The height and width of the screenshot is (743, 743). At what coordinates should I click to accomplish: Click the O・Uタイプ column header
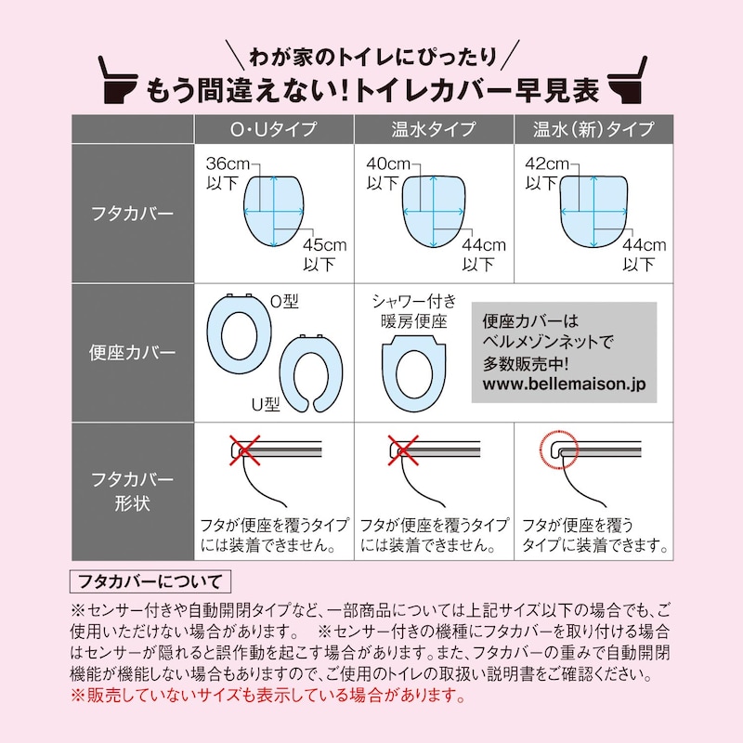(274, 129)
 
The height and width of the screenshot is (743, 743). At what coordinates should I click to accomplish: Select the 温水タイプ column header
(434, 129)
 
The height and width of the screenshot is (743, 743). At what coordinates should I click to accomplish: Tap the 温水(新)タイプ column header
(593, 129)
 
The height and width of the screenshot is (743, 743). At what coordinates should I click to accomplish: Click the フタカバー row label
(133, 214)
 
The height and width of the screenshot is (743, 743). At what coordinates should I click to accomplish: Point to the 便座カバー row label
(133, 353)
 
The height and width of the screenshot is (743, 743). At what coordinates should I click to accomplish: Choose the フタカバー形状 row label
(133, 491)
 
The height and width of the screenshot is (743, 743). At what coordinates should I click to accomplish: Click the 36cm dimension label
(228, 164)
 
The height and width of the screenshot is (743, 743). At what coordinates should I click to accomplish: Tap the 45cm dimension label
(325, 245)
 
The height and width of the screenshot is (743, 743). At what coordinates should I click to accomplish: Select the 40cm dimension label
(388, 164)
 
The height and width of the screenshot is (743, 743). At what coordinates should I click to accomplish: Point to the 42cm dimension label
(547, 164)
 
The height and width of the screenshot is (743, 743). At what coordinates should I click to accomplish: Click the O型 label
(284, 301)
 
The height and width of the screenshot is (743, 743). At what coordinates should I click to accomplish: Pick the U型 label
(266, 404)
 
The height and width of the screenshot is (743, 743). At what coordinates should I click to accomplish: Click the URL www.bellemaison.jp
(564, 384)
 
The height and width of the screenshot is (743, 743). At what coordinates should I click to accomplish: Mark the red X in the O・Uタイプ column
(244, 450)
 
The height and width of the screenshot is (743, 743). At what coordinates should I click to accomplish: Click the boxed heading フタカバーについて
(150, 581)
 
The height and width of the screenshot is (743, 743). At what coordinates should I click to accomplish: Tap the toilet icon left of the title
(118, 80)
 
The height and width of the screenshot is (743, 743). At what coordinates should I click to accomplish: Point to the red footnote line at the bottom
(267, 696)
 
